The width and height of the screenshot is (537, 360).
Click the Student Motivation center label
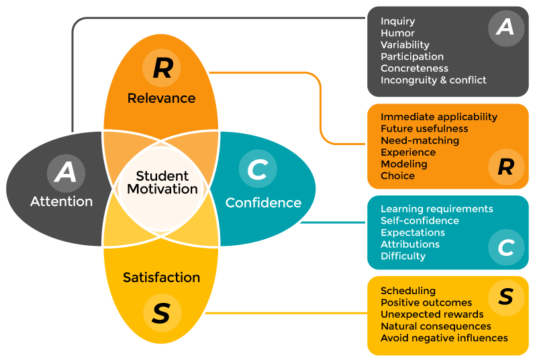coord(162,182)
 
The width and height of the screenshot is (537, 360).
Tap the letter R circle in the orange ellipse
coord(162,67)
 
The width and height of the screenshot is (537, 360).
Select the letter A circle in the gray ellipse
coord(66,173)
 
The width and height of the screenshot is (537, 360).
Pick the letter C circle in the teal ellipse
coord(257,170)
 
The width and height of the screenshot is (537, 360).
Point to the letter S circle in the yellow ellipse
coord(161,314)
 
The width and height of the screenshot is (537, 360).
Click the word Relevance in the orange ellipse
coord(162,98)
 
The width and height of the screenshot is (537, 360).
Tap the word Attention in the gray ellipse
coord(62,201)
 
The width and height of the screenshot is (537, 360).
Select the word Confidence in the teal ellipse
coord(263,202)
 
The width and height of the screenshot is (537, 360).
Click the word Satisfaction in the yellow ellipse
coord(161,277)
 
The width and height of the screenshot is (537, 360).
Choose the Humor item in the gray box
coord(397,33)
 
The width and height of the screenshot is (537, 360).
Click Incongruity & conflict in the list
coord(433,80)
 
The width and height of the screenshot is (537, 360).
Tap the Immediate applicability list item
coord(438,117)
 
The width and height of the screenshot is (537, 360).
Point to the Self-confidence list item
coord(420,220)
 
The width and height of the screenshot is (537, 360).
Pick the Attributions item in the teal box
coord(409,244)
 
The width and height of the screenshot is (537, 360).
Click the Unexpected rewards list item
coord(432,314)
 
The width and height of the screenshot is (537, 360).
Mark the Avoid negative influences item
coord(444,338)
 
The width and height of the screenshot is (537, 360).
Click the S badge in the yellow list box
coord(505,297)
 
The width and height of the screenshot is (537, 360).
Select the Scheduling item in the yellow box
coord(407,291)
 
